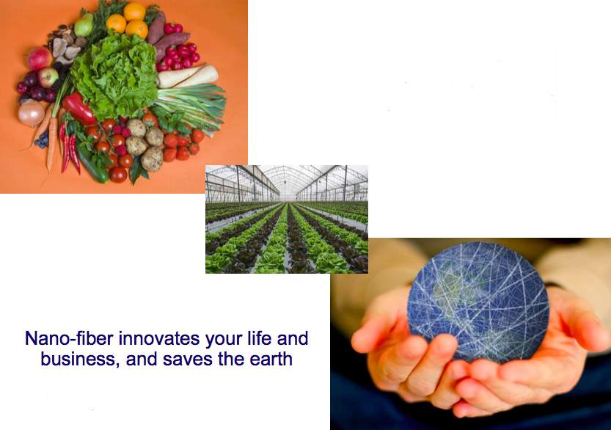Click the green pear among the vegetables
point(84,26)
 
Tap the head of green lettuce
point(115,76)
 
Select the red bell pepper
point(78,108)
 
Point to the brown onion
point(32,114)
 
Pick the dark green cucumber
point(92,163)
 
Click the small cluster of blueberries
point(42,139)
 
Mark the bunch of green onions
point(191,105)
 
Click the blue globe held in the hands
point(478,302)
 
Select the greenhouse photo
point(287,219)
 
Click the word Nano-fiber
point(70,338)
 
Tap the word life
point(260,338)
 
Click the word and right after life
point(293,338)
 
